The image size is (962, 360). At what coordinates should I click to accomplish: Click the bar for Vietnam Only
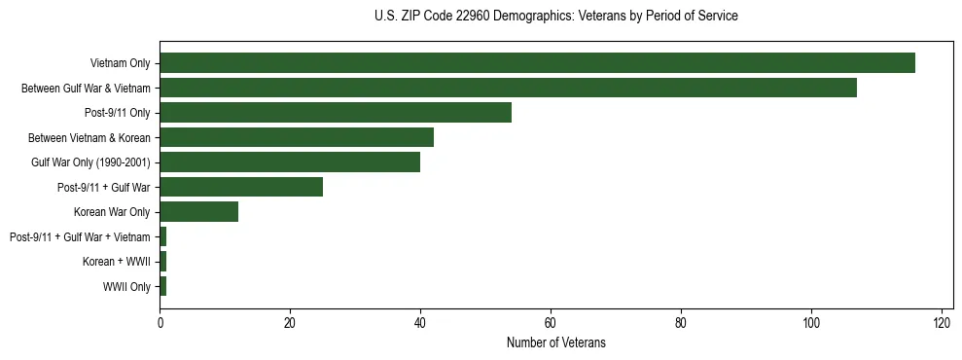point(537,63)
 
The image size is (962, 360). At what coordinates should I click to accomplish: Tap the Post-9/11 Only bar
point(336,113)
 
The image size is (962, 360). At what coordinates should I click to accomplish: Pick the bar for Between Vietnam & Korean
point(297,137)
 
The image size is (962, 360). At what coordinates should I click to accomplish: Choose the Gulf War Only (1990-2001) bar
point(290,162)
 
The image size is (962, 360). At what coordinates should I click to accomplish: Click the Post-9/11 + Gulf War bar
point(241,187)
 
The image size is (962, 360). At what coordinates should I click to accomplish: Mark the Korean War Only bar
point(198,212)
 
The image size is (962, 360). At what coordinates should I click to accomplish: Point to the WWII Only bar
point(163,286)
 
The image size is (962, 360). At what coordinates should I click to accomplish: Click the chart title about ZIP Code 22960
point(555,17)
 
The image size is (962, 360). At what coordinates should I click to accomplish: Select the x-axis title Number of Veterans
point(555,342)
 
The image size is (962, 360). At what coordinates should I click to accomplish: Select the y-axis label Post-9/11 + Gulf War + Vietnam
point(80,236)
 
